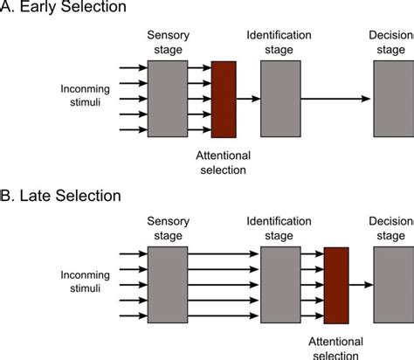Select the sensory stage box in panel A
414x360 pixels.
[x=167, y=100]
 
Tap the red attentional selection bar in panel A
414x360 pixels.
[x=224, y=100]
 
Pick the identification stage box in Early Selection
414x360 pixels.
[x=280, y=100]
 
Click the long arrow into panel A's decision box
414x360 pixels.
[x=336, y=100]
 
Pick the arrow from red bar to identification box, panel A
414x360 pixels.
[x=248, y=100]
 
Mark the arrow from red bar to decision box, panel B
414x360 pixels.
[x=361, y=284]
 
